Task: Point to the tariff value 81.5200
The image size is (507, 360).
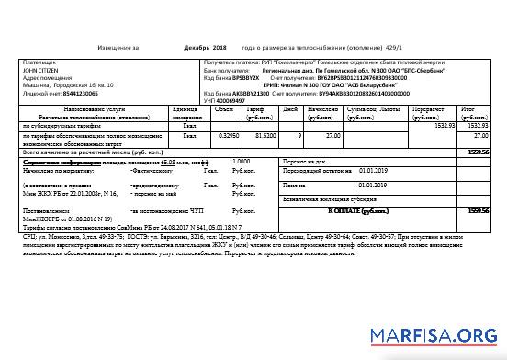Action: [264, 136]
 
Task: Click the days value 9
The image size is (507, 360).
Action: [299, 136]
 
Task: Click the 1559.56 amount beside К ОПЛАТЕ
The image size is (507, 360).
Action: [477, 210]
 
